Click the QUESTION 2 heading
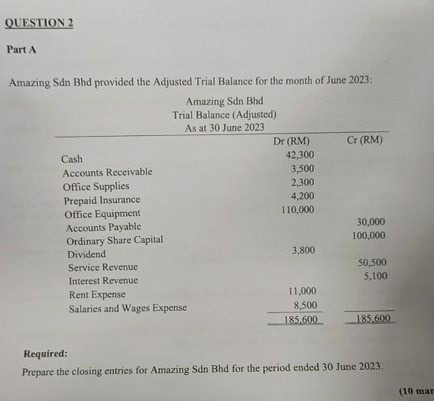click(x=39, y=22)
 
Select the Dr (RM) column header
click(x=291, y=141)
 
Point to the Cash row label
click(x=72, y=160)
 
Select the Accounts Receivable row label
click(x=107, y=173)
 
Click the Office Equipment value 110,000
click(x=298, y=209)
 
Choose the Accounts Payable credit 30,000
click(x=371, y=222)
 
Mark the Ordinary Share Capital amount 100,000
click(x=369, y=236)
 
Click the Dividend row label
click(x=86, y=254)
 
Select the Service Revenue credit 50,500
click(x=372, y=263)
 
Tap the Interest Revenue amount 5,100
click(x=375, y=276)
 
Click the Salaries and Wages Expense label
click(x=128, y=309)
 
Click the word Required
click(x=45, y=354)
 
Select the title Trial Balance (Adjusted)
click(x=224, y=115)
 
